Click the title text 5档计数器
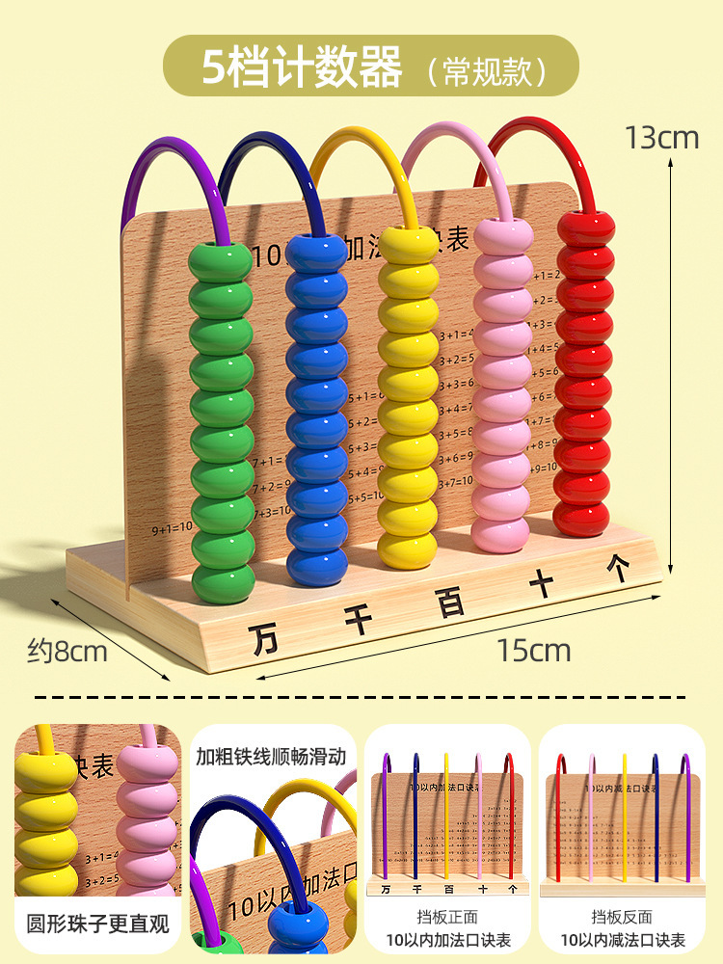[302, 67]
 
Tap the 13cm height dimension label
[661, 138]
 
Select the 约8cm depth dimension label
[67, 652]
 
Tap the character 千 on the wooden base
[358, 619]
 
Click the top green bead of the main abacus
[221, 261]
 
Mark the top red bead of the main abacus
[585, 228]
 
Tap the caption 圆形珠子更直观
[97, 924]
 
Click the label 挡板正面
[447, 918]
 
